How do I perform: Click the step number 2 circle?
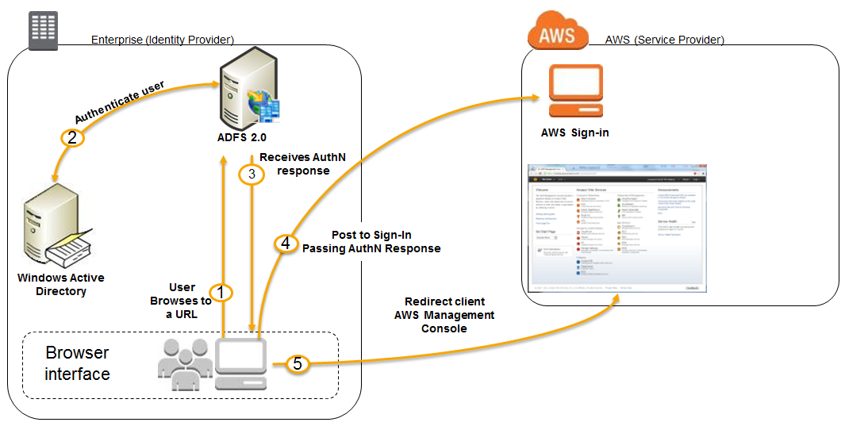tap(71, 137)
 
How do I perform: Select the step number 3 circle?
tap(252, 175)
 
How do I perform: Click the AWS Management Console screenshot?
tap(617, 229)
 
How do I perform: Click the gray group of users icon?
tap(185, 363)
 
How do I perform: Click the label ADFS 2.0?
tap(243, 137)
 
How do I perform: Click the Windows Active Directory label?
tap(61, 285)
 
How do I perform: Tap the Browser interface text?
tap(78, 363)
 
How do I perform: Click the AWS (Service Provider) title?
tap(664, 40)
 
